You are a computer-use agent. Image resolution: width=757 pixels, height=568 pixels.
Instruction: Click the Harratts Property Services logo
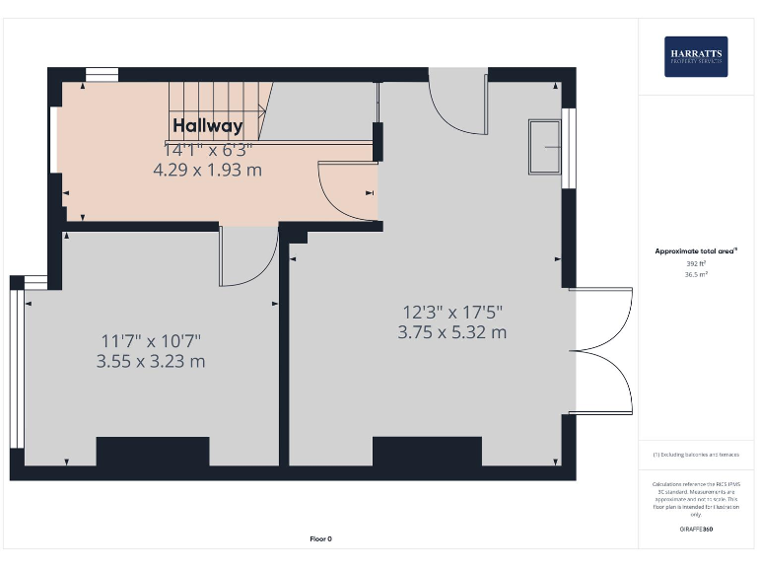click(x=696, y=57)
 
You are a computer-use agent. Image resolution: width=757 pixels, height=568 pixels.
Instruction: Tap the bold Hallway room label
click(x=207, y=125)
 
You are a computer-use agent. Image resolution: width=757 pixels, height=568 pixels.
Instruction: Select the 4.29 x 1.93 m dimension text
click(x=207, y=170)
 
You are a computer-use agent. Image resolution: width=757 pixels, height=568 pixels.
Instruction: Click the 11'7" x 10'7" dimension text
click(x=151, y=341)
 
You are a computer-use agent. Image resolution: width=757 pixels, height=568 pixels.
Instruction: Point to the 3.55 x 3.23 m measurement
click(x=151, y=362)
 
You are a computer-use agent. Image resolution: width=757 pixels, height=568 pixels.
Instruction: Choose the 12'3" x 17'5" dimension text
click(x=452, y=312)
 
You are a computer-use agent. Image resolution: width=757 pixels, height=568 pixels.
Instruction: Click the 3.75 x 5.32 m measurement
click(x=452, y=332)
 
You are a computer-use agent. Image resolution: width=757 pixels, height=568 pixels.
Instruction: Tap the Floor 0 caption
click(x=320, y=538)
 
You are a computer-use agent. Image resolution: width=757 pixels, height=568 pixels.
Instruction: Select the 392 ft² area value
click(x=696, y=264)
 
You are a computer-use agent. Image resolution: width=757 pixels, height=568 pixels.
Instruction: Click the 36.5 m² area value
click(x=696, y=275)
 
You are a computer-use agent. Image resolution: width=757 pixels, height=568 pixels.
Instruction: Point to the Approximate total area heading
click(x=696, y=251)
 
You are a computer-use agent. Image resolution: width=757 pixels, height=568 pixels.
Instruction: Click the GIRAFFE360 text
click(x=696, y=530)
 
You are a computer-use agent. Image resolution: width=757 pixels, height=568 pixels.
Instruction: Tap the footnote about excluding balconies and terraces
click(x=696, y=455)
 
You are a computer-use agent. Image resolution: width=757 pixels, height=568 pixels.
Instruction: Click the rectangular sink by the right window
click(x=545, y=147)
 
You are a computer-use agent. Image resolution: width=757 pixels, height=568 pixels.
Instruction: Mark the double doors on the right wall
click(x=601, y=350)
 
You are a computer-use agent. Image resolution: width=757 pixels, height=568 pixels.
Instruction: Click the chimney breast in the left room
click(x=152, y=452)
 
